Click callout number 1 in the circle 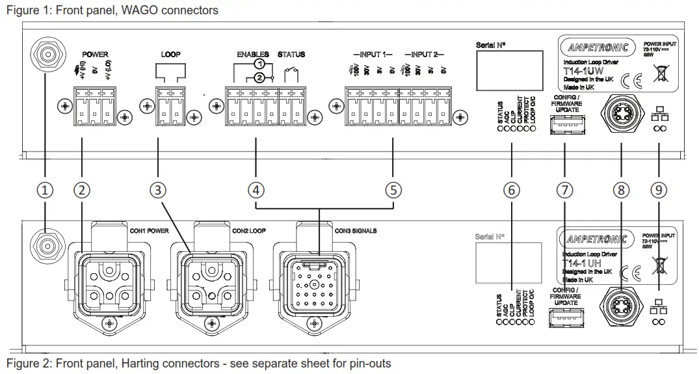44,190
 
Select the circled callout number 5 393,190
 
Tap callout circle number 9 659,190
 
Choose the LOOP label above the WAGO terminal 171,55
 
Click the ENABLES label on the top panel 253,55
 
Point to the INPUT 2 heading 424,55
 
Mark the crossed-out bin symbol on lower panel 659,266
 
